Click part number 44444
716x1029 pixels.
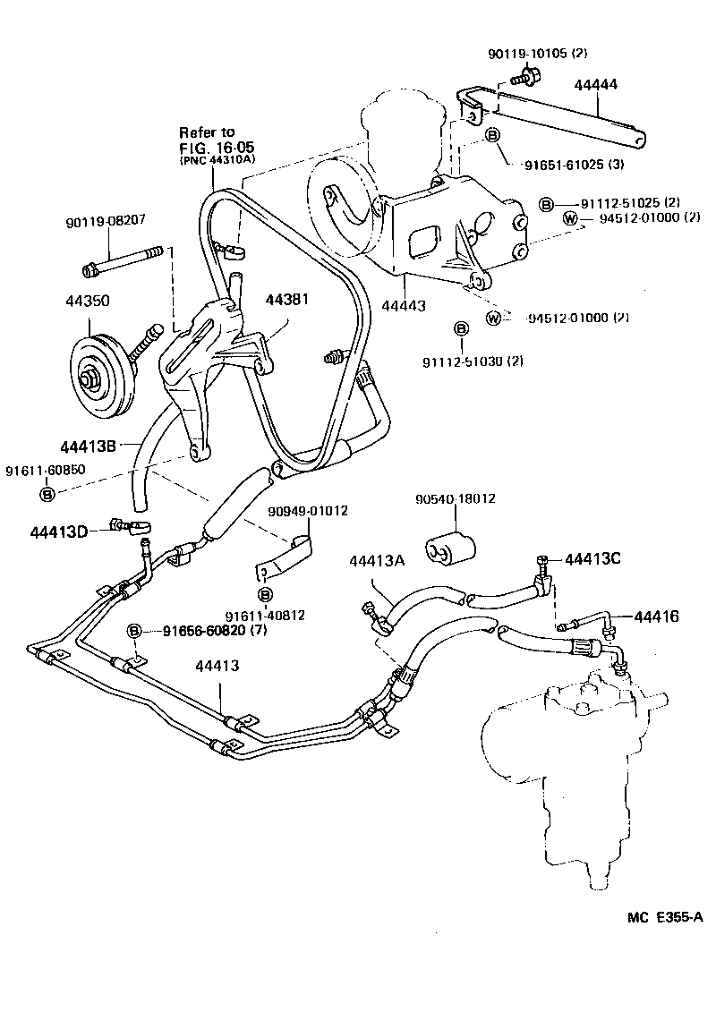pyautogui.click(x=596, y=85)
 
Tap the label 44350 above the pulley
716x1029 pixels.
pyautogui.click(x=88, y=302)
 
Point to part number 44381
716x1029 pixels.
pyautogui.click(x=286, y=299)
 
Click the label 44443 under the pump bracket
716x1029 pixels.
pyautogui.click(x=404, y=305)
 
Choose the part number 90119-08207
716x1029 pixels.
pyautogui.click(x=105, y=222)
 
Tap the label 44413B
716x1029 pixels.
pyautogui.click(x=88, y=446)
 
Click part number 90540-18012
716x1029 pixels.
pyautogui.click(x=455, y=498)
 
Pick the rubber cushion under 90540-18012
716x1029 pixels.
pyautogui.click(x=450, y=547)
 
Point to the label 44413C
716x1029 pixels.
pyautogui.click(x=592, y=559)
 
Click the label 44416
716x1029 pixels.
pyautogui.click(x=656, y=617)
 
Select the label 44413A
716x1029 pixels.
pyautogui.click(x=378, y=561)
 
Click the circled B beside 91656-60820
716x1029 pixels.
pyautogui.click(x=134, y=632)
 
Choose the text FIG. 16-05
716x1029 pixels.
pyautogui.click(x=217, y=148)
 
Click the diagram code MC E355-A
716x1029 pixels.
pyautogui.click(x=665, y=917)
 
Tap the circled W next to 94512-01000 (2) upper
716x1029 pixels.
pyautogui.click(x=569, y=217)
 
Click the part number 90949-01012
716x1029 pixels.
pyautogui.click(x=309, y=511)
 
